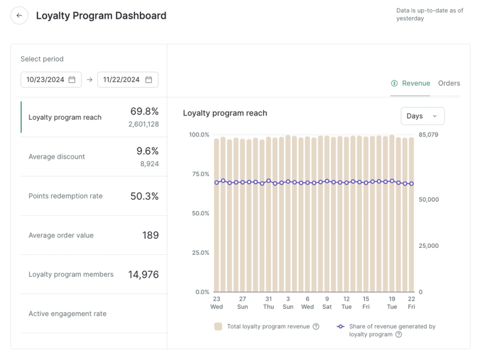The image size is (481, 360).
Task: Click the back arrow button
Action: pyautogui.click(x=19, y=16)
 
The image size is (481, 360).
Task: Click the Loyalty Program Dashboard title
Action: pyautogui.click(x=101, y=16)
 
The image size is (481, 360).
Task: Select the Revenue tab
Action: pyautogui.click(x=410, y=83)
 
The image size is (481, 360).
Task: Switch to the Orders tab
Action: pyautogui.click(x=449, y=83)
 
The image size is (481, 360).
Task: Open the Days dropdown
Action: pyautogui.click(x=422, y=116)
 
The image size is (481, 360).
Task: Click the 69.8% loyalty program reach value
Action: pyautogui.click(x=144, y=111)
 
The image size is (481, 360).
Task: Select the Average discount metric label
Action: pyautogui.click(x=57, y=156)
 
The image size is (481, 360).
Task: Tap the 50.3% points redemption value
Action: pyautogui.click(x=144, y=196)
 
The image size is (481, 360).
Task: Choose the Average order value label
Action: pyautogui.click(x=61, y=235)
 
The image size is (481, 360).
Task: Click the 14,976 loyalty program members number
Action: pyautogui.click(x=143, y=274)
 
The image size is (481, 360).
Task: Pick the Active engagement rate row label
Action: pyautogui.click(x=67, y=313)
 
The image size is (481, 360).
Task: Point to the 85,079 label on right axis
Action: pyautogui.click(x=429, y=135)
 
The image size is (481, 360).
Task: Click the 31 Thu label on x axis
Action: pyautogui.click(x=269, y=302)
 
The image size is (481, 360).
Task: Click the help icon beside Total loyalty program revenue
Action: pyautogui.click(x=316, y=327)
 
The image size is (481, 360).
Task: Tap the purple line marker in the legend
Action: pyautogui.click(x=341, y=327)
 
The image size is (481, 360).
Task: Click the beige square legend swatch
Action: pyautogui.click(x=218, y=327)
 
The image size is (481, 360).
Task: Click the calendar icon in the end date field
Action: pyautogui.click(x=148, y=79)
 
